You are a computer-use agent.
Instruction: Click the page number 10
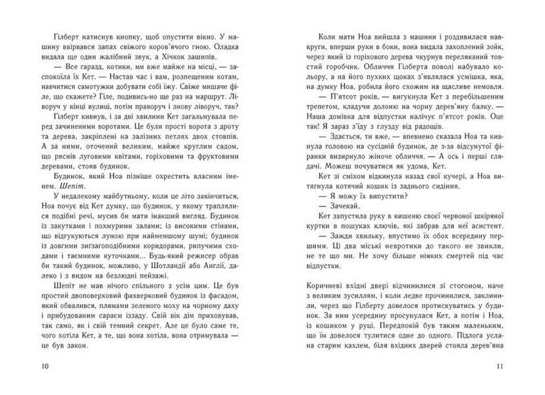pyautogui.click(x=44, y=365)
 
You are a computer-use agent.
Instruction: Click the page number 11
pyautogui.click(x=500, y=365)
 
